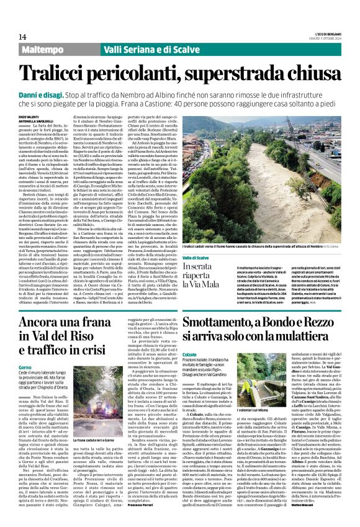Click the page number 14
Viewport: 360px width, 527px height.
coord(22,37)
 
